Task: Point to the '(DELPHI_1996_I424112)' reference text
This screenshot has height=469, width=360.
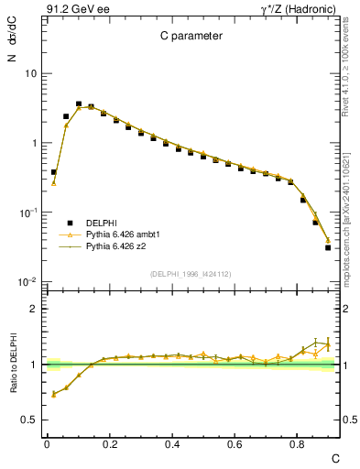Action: coord(190,273)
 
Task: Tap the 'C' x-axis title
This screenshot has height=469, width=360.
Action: coord(335,457)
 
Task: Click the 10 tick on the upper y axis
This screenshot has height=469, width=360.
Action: coord(30,73)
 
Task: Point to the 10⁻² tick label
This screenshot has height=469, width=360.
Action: coord(28,282)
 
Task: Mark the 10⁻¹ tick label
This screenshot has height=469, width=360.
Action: coord(28,213)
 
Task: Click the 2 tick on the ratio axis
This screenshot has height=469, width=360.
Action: coord(33,309)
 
